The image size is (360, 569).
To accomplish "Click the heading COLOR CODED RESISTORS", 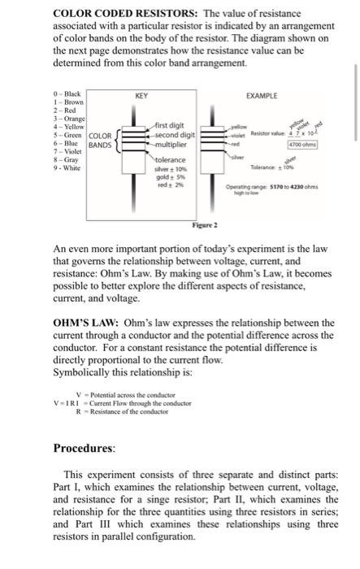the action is (122, 15).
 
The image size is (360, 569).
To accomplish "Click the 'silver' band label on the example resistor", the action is (238, 156).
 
